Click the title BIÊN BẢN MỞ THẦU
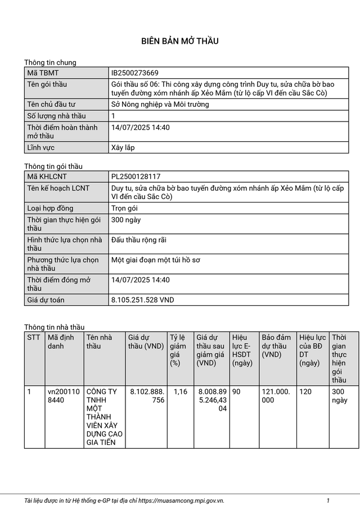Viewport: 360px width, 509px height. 179,41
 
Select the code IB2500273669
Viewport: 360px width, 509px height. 134,73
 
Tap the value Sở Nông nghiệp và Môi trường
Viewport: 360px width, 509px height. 160,105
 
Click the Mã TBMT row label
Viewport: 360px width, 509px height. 43,73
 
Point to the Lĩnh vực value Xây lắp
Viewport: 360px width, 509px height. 123,148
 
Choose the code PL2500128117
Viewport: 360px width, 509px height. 136,177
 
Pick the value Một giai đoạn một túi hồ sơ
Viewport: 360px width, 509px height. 156,260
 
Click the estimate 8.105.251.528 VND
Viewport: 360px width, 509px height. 143,300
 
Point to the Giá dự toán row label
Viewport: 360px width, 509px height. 46,300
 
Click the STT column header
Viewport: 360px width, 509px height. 34,337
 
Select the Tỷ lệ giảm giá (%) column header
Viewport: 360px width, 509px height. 178,350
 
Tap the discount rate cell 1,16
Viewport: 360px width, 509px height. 181,391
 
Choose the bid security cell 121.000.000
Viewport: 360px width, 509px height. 276,396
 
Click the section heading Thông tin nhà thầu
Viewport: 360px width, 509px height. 54,327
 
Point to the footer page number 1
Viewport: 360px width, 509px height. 328,500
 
